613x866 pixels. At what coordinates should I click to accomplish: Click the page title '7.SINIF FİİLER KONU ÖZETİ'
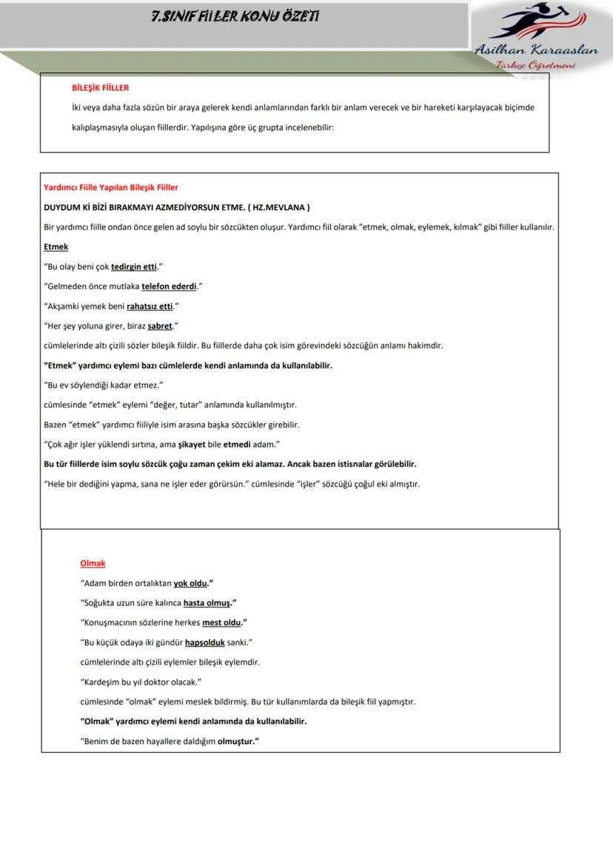coord(235,16)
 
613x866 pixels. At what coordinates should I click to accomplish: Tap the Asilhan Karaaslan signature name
coord(537,50)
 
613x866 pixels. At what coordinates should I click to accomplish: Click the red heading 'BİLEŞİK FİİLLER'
coord(100,87)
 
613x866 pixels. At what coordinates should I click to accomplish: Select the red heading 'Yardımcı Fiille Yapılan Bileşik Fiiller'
coord(111,188)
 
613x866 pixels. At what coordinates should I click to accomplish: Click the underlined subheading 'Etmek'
coord(56,247)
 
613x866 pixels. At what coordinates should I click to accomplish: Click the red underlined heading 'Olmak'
coord(93,563)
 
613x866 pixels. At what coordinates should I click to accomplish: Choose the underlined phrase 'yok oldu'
coord(190,583)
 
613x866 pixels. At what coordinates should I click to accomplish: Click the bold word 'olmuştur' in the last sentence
coord(235,741)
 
